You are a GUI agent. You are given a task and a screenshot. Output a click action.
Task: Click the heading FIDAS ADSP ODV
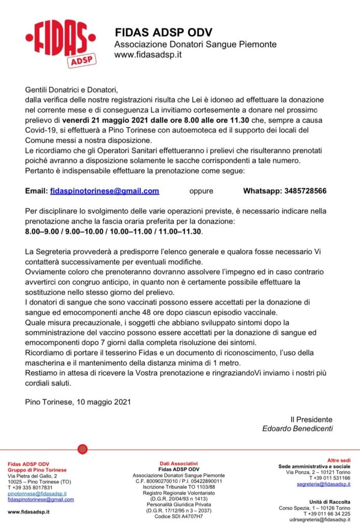[163, 33]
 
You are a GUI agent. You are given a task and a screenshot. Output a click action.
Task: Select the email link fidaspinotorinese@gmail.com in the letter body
[105, 191]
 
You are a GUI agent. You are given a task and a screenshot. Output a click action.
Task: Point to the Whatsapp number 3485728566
[305, 191]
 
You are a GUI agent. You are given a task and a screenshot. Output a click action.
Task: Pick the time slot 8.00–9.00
[43, 231]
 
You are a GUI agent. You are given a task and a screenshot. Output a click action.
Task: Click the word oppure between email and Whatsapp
[201, 191]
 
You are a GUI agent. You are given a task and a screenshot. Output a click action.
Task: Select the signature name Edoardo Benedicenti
[297, 429]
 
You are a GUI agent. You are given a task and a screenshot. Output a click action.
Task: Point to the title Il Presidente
[311, 419]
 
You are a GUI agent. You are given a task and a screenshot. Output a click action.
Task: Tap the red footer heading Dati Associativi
[179, 463]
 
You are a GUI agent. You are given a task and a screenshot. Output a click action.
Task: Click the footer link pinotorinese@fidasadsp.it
[37, 494]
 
